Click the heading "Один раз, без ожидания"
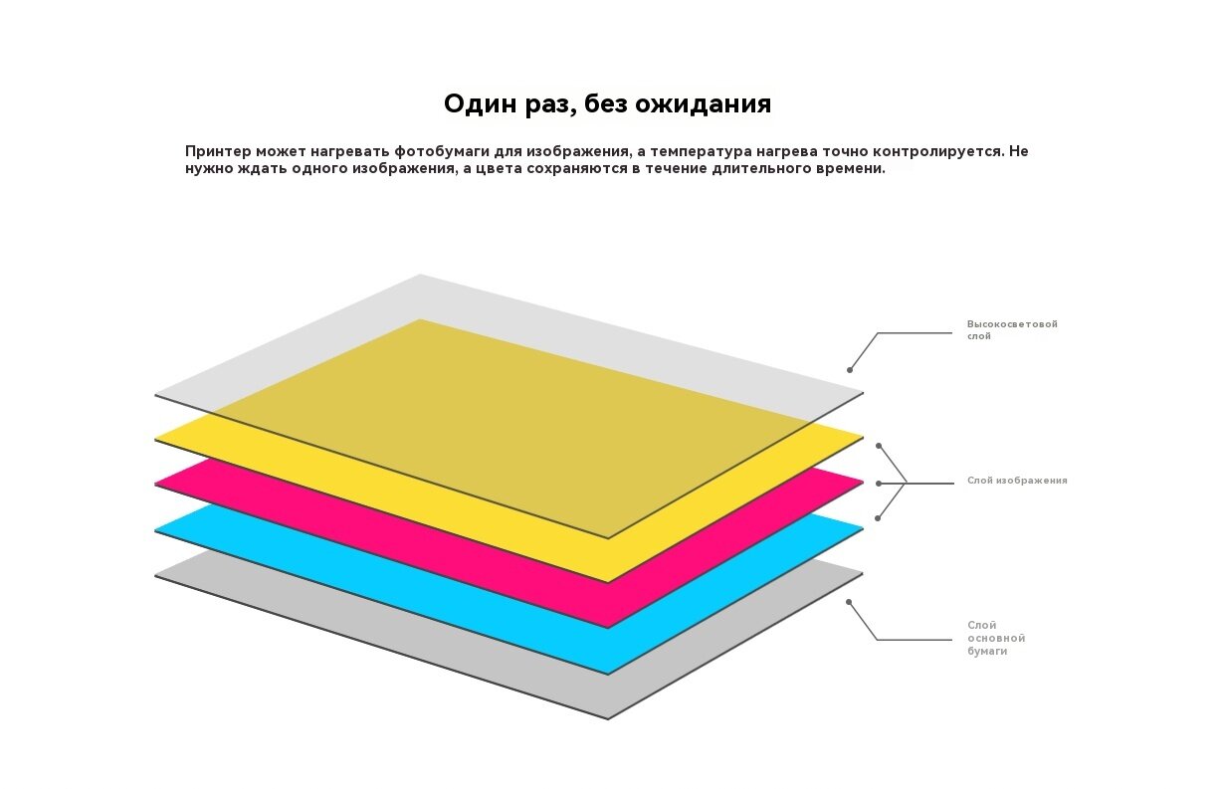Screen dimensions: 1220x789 tap(607, 104)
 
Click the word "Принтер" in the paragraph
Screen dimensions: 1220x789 tap(218, 151)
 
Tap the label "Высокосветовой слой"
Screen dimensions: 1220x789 tap(1011, 329)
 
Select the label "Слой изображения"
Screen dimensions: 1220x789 tap(1017, 481)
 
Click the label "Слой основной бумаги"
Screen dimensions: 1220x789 tap(995, 638)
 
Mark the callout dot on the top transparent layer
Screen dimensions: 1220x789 tap(849, 370)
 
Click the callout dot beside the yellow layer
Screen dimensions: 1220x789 tap(878, 445)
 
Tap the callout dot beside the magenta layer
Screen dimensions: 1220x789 tap(878, 484)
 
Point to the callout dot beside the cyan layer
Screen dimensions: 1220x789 tap(878, 518)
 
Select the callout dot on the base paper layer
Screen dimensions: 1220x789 tap(849, 602)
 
